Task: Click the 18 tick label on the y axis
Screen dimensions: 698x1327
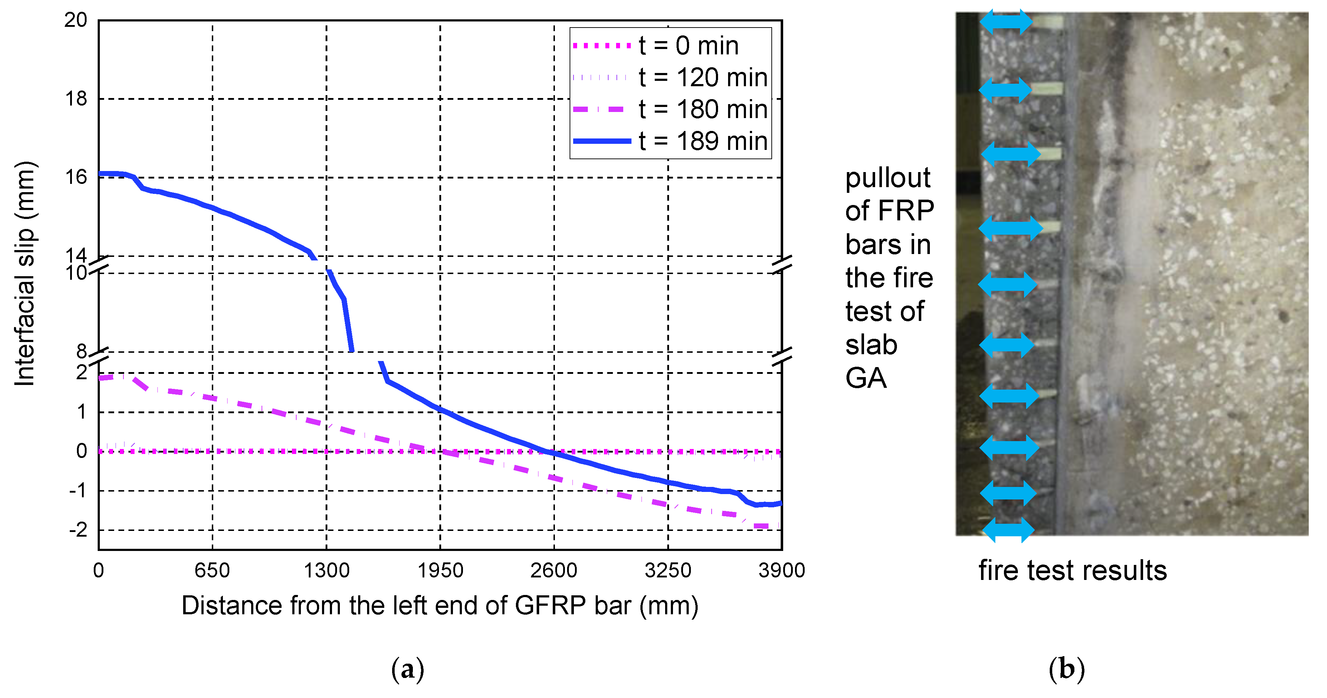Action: point(76,98)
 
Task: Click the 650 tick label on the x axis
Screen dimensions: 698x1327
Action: point(212,571)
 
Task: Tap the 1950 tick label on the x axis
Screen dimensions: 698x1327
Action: point(440,571)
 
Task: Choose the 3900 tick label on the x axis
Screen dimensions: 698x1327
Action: point(781,571)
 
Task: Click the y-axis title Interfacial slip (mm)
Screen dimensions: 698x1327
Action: point(25,273)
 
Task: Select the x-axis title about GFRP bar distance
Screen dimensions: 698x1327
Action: point(440,606)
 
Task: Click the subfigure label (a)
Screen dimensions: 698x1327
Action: point(408,669)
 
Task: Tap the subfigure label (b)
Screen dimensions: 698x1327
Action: point(1066,669)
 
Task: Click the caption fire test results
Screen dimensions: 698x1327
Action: point(1073,571)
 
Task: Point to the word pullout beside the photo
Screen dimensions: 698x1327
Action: point(888,178)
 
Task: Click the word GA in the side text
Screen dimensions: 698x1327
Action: point(866,378)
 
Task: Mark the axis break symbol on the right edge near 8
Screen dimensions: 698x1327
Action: point(782,356)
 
